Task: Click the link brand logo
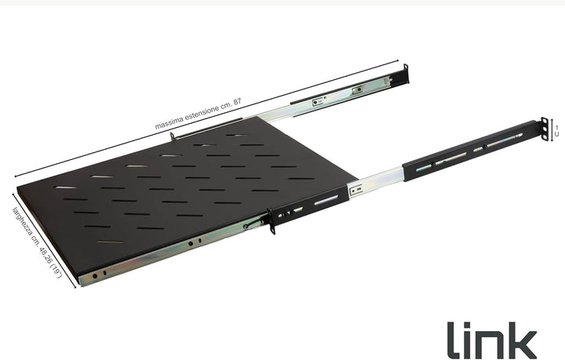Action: pyautogui.click(x=491, y=340)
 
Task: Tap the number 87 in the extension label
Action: pyautogui.click(x=237, y=102)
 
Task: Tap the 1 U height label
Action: pyautogui.click(x=557, y=131)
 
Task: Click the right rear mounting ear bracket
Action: pyautogui.click(x=545, y=129)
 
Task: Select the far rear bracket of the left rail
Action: pyautogui.click(x=406, y=75)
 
